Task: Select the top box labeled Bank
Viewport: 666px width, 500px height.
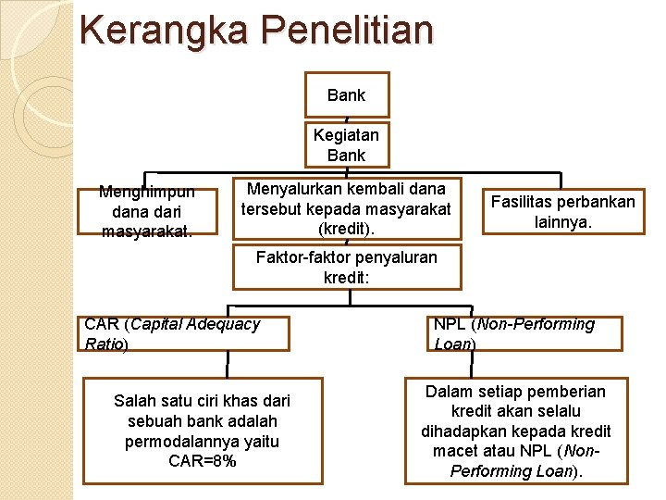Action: tap(346, 95)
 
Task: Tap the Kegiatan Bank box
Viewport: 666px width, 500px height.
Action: tap(346, 145)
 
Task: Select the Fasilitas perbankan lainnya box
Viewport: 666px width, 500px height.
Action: tap(562, 212)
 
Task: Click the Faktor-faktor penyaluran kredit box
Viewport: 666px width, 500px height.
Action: tap(346, 266)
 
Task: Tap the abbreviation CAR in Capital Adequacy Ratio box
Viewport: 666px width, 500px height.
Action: tap(102, 324)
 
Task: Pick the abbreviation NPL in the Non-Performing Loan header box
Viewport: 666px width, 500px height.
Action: tap(450, 324)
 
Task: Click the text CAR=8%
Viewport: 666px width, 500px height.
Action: tap(202, 461)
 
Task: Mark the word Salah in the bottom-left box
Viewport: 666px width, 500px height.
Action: tap(133, 401)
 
